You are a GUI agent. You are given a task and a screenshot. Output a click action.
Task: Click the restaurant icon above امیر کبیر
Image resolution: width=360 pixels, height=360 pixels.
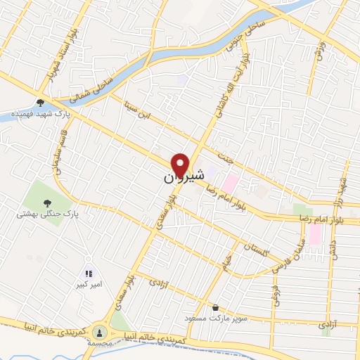pyautogui.click(x=89, y=273)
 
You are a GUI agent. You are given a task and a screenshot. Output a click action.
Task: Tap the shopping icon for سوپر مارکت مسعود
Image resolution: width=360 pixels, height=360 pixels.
pyautogui.click(x=214, y=307)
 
